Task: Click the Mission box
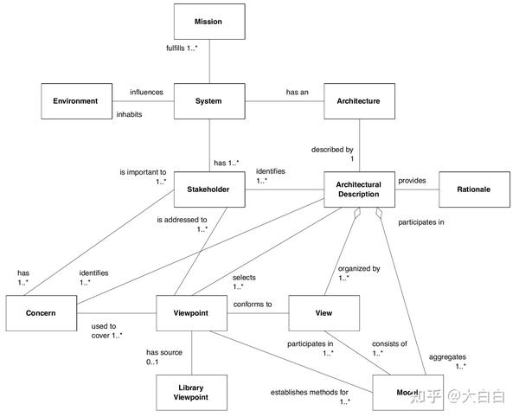tap(208, 22)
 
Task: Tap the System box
tap(208, 101)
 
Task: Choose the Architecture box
tap(359, 101)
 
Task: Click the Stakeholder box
tap(208, 189)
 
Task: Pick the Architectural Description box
tap(359, 189)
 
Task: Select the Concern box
tap(40, 312)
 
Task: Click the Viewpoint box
tap(191, 312)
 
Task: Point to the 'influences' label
tap(146, 92)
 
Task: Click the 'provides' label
tap(413, 180)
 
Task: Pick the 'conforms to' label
tap(253, 304)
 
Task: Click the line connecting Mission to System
tap(208, 61)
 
